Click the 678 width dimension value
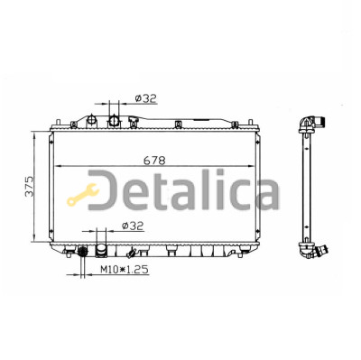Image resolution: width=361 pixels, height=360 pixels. coord(154,161)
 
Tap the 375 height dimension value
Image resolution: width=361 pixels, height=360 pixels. coord(30,187)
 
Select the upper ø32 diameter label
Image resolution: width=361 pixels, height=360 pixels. coord(146,98)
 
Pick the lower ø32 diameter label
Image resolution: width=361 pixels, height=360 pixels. coord(133,226)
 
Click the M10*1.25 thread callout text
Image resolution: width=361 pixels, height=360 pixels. coord(125,269)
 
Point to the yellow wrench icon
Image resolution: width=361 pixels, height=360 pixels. coord(83,195)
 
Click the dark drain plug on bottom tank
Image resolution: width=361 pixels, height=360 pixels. coord(82,250)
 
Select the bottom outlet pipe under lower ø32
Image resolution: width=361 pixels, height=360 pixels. coord(101,251)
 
